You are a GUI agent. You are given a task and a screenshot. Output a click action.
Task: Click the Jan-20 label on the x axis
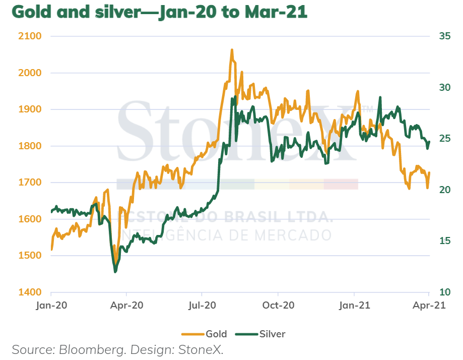coord(51,306)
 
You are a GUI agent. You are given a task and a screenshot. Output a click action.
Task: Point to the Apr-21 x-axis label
coord(428,306)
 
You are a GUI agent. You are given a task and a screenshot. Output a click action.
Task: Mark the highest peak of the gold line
coord(232,50)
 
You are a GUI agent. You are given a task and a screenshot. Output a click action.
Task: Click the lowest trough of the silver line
coord(115,272)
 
